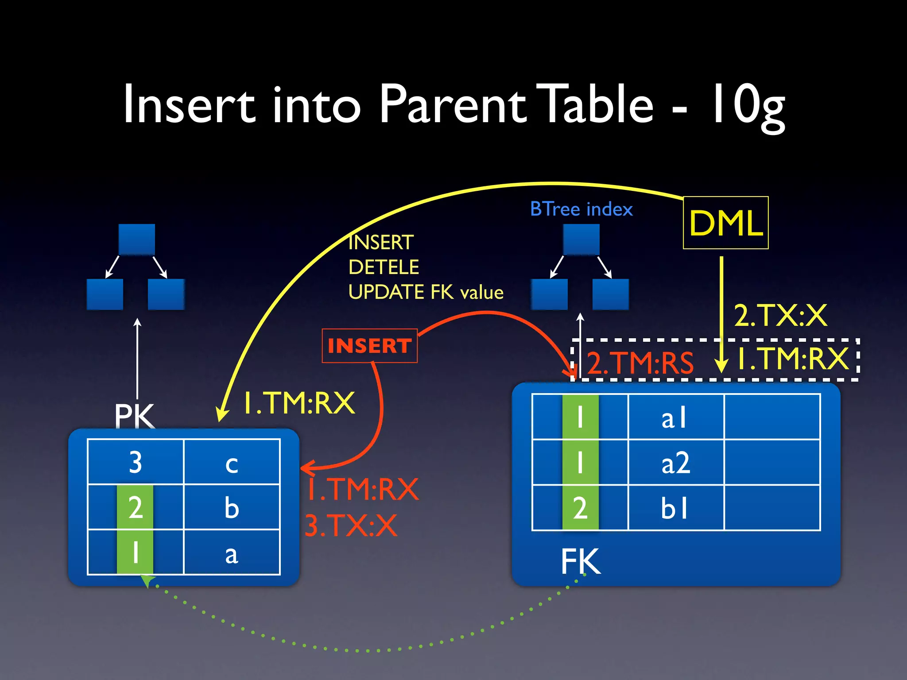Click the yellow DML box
click(x=725, y=223)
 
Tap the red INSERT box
click(x=369, y=346)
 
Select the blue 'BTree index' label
click(x=581, y=209)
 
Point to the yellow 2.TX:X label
click(x=780, y=316)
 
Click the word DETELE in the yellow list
click(x=384, y=267)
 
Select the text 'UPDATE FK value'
click(x=426, y=292)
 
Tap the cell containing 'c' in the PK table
click(x=232, y=462)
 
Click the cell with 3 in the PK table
click(x=136, y=462)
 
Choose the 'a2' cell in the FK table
click(x=676, y=463)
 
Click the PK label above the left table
click(x=134, y=416)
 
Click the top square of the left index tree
click(x=137, y=240)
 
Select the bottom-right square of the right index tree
click(x=610, y=294)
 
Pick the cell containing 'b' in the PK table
click(x=232, y=507)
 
